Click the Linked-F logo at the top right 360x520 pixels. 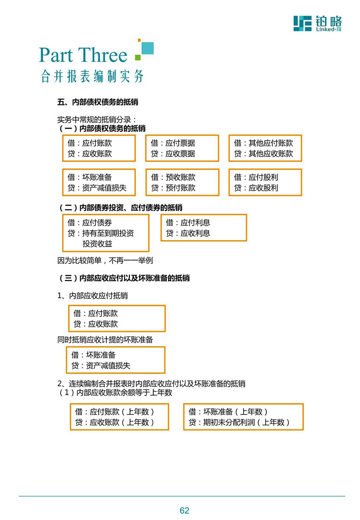(x=317, y=23)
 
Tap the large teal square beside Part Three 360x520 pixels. (x=147, y=48)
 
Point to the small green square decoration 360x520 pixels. (x=138, y=57)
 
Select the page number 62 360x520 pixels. (x=184, y=511)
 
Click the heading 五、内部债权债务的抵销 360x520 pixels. (x=97, y=102)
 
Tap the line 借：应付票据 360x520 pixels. (x=173, y=143)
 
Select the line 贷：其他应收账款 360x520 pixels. (x=263, y=153)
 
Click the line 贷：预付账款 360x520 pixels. (x=173, y=188)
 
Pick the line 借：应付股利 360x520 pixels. (x=256, y=177)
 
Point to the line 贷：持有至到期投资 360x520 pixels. (x=100, y=233)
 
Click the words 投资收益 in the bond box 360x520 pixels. (x=97, y=243)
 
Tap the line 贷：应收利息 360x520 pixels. (x=188, y=233)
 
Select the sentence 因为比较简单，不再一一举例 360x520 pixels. (x=105, y=260)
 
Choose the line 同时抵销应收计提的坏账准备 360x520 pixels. (x=105, y=340)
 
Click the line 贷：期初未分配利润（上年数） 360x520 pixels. (x=239, y=422)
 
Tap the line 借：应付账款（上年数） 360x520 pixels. (x=114, y=412)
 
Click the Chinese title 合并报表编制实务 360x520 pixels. (x=92, y=76)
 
